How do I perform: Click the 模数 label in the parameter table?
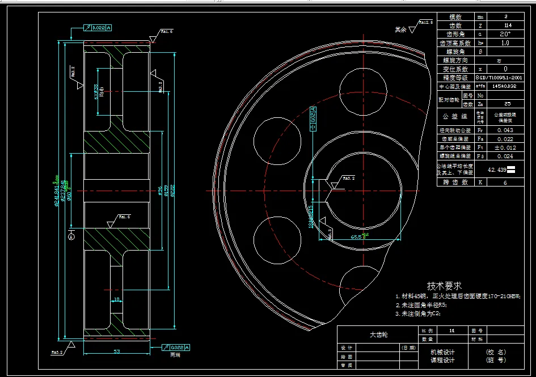pyautogui.click(x=455, y=17)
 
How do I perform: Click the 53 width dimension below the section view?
pyautogui.click(x=116, y=351)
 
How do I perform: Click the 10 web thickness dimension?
pyautogui.click(x=116, y=299)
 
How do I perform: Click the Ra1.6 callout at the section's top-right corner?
pyautogui.click(x=166, y=32)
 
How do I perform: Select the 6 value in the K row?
pyautogui.click(x=505, y=182)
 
